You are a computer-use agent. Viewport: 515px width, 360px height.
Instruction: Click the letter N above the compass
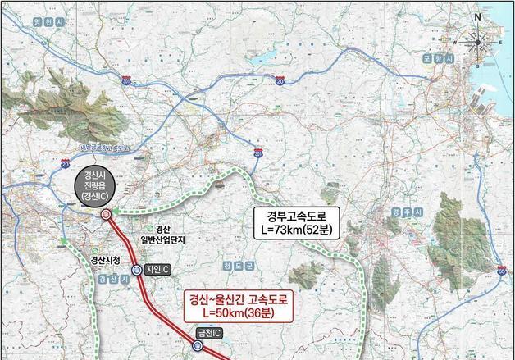pos(476,16)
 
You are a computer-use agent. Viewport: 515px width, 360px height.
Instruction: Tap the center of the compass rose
pos(477,38)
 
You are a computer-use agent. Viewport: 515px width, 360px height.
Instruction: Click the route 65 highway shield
pos(502,268)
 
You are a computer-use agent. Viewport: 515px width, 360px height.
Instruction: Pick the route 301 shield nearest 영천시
pos(126,81)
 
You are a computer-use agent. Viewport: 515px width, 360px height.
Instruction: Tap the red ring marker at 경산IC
pos(107,216)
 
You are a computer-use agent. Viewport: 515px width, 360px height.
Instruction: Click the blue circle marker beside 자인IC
pos(138,267)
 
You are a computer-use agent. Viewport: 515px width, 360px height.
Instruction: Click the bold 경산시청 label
pos(105,259)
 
